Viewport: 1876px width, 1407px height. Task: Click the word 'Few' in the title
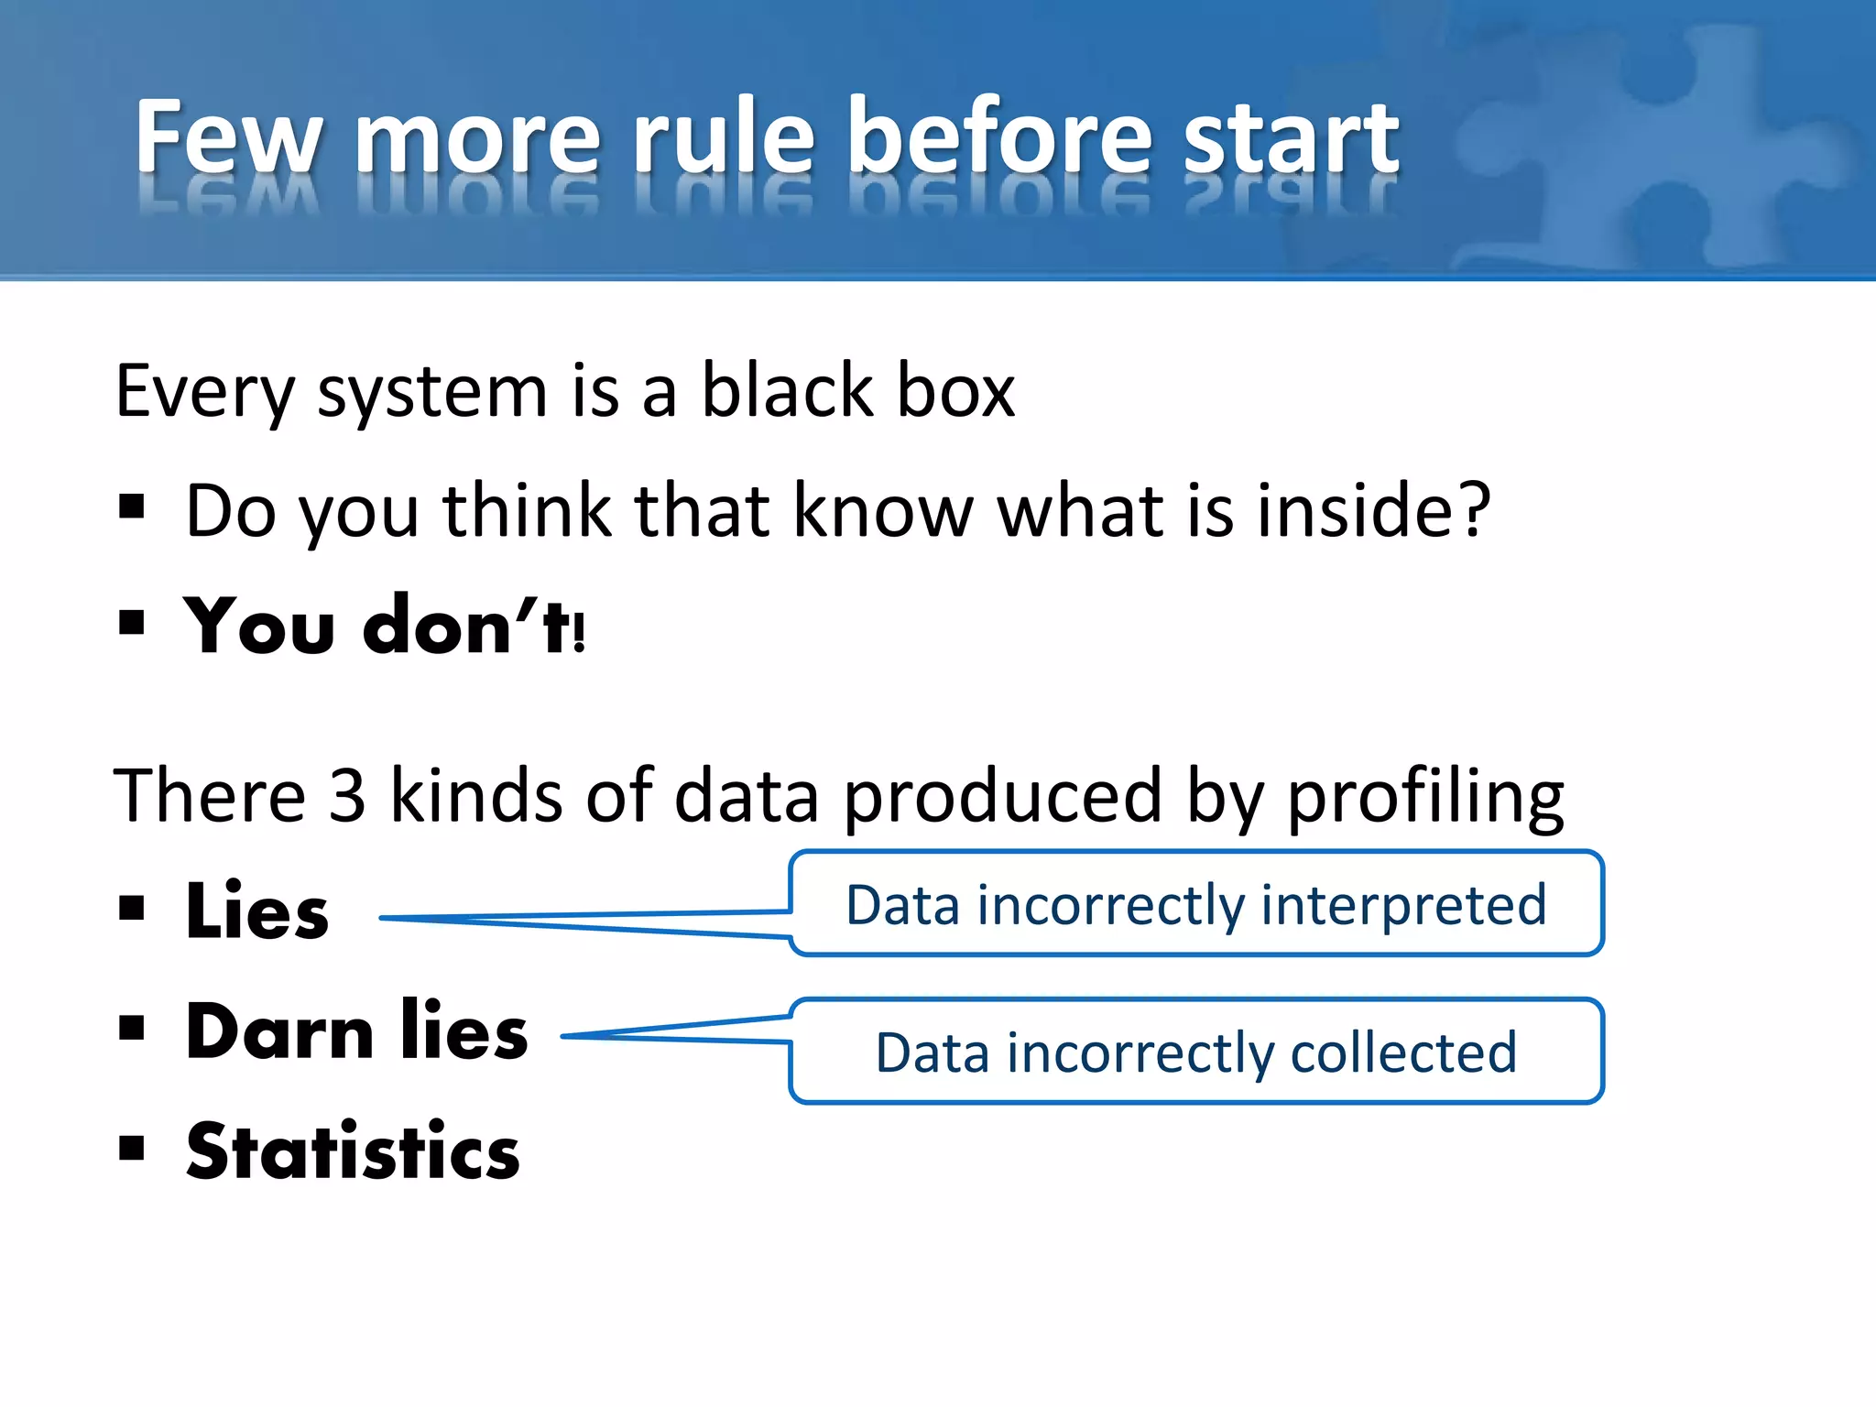pos(228,137)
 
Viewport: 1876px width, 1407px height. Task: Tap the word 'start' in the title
pos(1291,137)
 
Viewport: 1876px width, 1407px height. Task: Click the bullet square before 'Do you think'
pos(132,506)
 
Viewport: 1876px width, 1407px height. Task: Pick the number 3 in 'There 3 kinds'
pos(347,795)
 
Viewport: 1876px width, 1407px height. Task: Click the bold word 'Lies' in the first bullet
pos(256,911)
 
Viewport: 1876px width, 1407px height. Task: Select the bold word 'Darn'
pos(279,1031)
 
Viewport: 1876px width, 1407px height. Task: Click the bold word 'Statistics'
pos(353,1151)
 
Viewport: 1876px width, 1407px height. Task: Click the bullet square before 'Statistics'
pos(132,1148)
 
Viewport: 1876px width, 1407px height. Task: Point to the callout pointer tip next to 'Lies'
pos(383,918)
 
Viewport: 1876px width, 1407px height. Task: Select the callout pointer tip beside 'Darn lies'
pos(564,1036)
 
